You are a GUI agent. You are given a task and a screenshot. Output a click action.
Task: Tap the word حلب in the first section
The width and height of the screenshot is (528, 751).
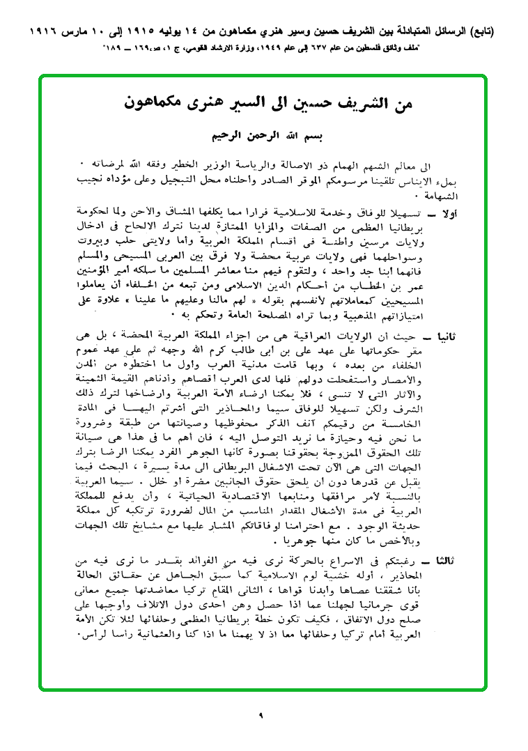[x=129, y=239]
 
